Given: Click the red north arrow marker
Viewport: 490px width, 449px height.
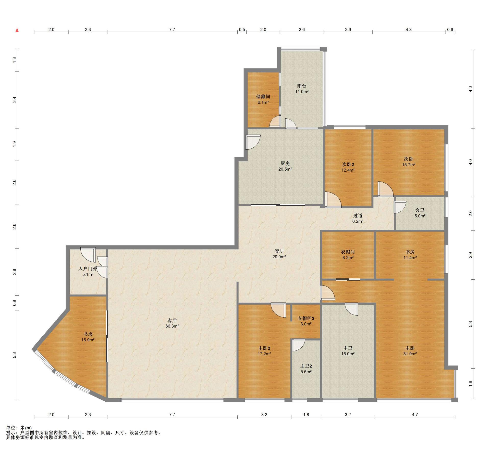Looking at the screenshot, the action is point(17,30).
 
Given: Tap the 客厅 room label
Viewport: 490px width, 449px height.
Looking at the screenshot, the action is point(172,320).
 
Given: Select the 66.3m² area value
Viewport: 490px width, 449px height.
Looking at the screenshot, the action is point(172,326).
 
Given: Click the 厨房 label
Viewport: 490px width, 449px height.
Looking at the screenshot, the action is point(285,163).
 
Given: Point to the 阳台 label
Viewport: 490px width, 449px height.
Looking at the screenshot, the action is point(302,86).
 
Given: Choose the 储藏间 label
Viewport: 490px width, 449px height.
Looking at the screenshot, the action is point(263,97).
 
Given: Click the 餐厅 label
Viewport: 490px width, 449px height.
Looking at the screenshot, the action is point(279,251).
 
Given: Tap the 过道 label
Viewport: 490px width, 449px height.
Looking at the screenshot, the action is point(358,216).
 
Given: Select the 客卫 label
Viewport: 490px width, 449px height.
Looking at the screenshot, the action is point(420,210).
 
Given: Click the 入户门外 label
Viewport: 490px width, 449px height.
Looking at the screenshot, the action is point(88,269).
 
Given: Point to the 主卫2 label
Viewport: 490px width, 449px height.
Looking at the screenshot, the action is point(306,366).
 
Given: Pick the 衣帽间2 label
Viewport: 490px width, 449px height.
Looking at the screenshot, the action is point(306,318).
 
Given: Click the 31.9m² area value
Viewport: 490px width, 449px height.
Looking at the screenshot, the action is point(410,353).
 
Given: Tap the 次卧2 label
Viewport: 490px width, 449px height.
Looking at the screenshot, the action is point(348,164).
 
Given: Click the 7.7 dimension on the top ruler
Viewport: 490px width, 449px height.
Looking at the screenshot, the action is point(172,30).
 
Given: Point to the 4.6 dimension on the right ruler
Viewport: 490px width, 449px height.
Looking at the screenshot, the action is point(471,89).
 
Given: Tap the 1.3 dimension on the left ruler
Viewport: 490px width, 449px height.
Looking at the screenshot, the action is point(15,60).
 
